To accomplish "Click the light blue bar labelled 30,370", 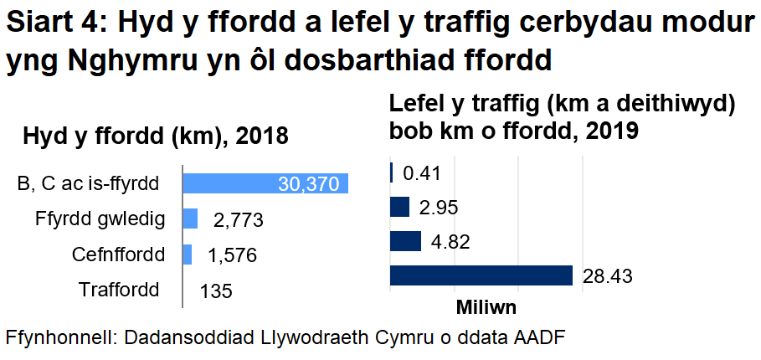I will click(265, 184).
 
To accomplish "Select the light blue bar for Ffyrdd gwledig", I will click(190, 219).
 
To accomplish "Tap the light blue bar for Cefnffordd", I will click(188, 255).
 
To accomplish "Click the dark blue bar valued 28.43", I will click(481, 275).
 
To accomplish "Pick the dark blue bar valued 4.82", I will click(405, 241).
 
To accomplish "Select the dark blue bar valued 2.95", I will click(399, 207).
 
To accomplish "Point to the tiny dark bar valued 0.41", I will click(392, 172).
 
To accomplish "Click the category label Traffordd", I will click(119, 291).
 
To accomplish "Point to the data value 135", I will click(217, 291).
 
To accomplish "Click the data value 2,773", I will click(239, 220).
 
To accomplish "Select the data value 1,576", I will click(232, 255).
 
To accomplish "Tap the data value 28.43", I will click(608, 276).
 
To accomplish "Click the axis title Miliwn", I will click(486, 307).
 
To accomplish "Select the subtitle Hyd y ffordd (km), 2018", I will click(156, 136).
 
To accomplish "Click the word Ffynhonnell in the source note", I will click(59, 338).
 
